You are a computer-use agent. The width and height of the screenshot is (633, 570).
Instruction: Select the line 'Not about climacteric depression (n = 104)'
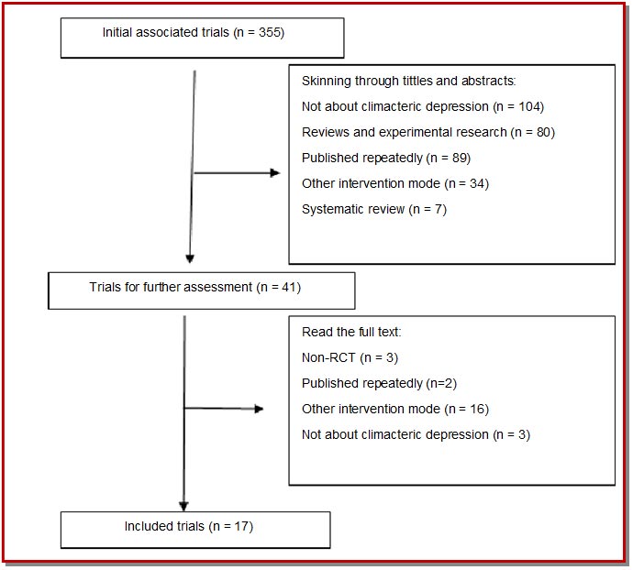tap(423, 107)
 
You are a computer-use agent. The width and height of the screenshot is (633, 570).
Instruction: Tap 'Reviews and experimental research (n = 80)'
tap(428, 132)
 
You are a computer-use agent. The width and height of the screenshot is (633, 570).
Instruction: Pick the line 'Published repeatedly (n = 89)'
tap(386, 159)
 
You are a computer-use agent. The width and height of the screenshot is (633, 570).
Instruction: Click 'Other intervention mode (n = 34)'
tap(395, 183)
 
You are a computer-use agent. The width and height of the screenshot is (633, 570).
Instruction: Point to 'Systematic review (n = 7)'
tap(374, 209)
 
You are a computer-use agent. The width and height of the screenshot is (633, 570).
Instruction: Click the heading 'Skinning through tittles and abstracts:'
tap(408, 81)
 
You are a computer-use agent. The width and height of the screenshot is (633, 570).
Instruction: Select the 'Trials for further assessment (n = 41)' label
tap(195, 287)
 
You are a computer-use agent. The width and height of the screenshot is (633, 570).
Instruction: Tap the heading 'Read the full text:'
tap(351, 332)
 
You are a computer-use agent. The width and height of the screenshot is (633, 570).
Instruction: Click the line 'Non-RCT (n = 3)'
tap(350, 357)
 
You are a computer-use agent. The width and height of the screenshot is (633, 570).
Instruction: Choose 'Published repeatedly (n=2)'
tap(379, 383)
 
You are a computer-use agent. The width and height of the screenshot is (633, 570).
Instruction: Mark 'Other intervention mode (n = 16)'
tap(395, 409)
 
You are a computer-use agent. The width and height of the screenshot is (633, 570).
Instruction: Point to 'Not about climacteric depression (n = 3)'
tap(416, 435)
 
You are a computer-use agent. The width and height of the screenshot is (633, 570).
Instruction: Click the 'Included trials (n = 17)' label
tap(189, 526)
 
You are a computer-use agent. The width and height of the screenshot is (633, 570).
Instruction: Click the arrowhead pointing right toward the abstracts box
tap(275, 173)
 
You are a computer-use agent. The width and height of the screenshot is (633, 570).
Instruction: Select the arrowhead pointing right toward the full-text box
tap(259, 409)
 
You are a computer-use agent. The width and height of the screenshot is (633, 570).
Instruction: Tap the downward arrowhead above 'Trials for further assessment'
tap(190, 258)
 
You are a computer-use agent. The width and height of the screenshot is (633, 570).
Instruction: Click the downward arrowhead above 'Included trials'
tap(183, 506)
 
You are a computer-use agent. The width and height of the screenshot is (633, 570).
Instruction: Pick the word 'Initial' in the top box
tap(117, 32)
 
